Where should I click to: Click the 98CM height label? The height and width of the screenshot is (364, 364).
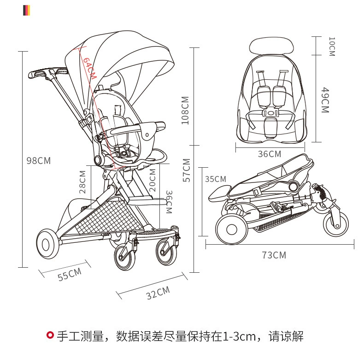39,161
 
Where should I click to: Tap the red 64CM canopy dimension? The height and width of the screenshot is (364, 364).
89,68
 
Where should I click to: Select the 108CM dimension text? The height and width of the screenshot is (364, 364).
185,110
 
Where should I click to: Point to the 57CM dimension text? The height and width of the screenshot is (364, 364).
186,170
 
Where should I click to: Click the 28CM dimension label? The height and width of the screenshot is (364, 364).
82,182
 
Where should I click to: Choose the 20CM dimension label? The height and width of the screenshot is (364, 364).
153,180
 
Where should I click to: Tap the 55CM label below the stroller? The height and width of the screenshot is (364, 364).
70,274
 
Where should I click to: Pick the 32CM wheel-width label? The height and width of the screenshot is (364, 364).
158,293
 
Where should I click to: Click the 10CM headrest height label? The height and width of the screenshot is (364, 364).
332,47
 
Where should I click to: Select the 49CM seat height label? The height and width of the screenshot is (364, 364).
325,100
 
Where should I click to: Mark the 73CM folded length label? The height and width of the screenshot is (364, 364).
274,255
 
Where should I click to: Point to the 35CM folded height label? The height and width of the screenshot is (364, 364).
216,179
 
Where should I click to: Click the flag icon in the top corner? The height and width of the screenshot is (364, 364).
26,11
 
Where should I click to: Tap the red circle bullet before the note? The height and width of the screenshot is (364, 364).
50,335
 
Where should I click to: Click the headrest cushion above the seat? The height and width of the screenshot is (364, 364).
271,46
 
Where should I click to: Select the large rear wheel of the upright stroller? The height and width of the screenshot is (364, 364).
46,244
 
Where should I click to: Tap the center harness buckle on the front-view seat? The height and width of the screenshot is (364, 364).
270,113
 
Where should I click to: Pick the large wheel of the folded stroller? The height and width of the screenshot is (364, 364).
231,229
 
